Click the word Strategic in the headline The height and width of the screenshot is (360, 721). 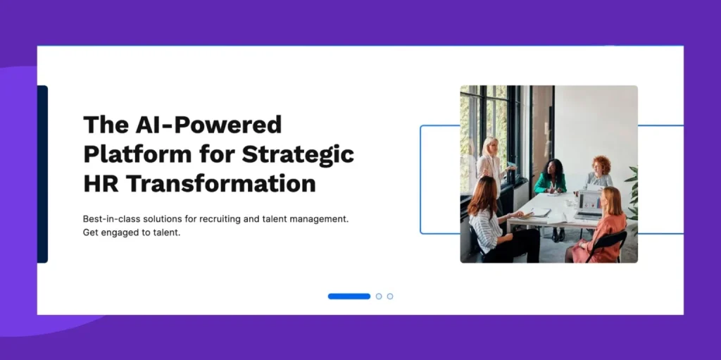pyautogui.click(x=298, y=154)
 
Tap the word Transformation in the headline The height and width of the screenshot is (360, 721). pyautogui.click(x=221, y=183)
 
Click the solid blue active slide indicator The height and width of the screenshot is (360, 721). pyautogui.click(x=349, y=297)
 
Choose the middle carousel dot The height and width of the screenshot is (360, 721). pyautogui.click(x=379, y=297)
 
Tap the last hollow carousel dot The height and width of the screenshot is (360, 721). pyautogui.click(x=390, y=297)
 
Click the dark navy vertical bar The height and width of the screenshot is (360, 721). pyautogui.click(x=42, y=174)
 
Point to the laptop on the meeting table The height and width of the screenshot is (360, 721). pyautogui.click(x=589, y=205)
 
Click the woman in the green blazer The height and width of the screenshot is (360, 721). pyautogui.click(x=551, y=182)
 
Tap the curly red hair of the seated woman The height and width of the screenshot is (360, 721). pyautogui.click(x=601, y=163)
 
